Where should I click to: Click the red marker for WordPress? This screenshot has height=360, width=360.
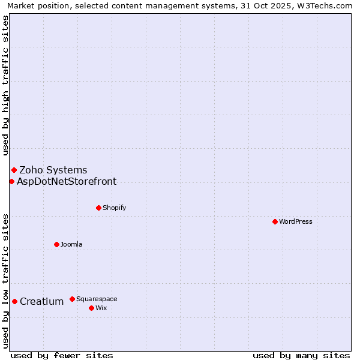point(275,221)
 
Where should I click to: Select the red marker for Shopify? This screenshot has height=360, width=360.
point(98,208)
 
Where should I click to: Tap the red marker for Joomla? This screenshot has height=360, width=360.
point(56,244)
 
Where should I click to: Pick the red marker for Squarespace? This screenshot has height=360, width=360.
point(72,299)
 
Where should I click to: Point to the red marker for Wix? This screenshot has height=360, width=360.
point(91,308)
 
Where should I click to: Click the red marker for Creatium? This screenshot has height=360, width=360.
point(14,301)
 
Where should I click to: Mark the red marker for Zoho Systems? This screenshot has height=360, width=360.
point(14,170)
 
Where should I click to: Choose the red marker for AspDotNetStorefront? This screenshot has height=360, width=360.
point(11,181)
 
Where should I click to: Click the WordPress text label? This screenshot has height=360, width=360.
point(296,221)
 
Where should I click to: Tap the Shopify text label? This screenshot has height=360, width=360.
point(114,208)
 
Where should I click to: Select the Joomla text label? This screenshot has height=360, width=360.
point(71,244)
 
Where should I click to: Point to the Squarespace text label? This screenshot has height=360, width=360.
point(97,299)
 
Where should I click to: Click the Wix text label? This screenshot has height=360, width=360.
point(101,308)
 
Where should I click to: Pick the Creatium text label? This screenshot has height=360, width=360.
point(41,301)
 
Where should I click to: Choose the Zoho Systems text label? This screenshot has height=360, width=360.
point(53,170)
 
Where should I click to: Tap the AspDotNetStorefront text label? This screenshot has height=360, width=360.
point(67,181)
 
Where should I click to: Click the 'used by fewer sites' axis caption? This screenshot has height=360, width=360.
point(62,355)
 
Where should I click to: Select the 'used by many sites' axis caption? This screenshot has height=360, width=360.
point(301,355)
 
